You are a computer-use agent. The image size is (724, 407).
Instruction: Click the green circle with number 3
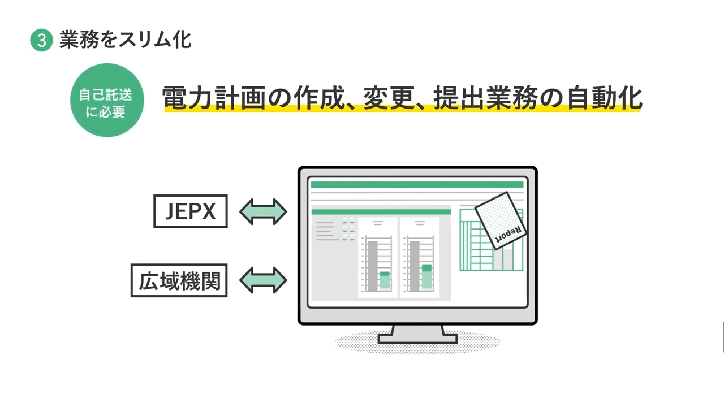click(x=41, y=40)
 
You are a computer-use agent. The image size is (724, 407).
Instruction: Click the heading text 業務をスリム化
click(x=126, y=40)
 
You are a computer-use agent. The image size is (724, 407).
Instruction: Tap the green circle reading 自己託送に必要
click(x=107, y=100)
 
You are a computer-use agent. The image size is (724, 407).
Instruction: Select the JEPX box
click(x=191, y=211)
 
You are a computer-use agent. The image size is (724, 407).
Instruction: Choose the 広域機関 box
click(x=179, y=280)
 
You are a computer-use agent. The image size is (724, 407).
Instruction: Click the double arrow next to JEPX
click(x=263, y=211)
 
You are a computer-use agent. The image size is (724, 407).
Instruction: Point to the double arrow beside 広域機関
click(x=263, y=280)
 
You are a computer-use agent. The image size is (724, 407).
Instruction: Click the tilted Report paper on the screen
click(x=501, y=221)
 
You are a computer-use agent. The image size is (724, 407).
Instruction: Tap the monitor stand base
click(x=417, y=339)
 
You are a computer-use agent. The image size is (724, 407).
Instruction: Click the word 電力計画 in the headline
click(x=213, y=98)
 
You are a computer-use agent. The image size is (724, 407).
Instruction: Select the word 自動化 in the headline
click(x=605, y=98)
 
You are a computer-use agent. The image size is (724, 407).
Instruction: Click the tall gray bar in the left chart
click(x=373, y=266)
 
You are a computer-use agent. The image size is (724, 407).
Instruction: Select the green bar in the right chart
click(x=426, y=278)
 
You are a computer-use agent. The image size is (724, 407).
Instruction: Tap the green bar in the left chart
click(x=385, y=282)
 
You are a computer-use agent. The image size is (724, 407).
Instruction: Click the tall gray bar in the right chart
click(x=415, y=266)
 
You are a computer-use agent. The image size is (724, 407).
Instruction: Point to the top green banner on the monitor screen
click(x=417, y=185)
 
